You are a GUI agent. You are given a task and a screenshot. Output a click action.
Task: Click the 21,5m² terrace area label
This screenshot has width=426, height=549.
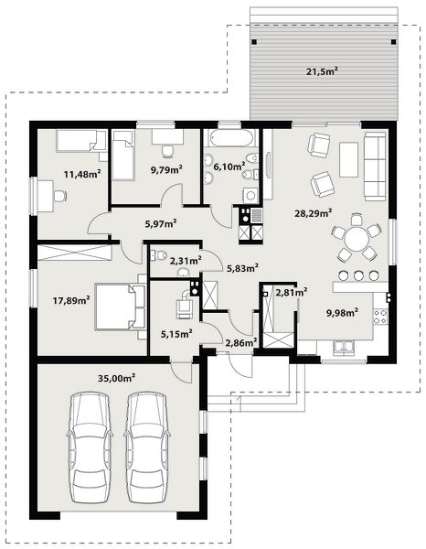coord(322,71)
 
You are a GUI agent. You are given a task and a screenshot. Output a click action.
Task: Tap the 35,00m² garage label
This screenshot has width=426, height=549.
coord(116,378)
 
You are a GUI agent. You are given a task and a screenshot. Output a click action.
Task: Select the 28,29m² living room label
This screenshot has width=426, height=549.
coord(313,213)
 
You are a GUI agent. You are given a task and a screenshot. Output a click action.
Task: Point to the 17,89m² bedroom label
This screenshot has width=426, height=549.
coord(71,300)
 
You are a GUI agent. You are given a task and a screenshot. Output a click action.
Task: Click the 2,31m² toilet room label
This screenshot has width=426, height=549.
coord(186,261)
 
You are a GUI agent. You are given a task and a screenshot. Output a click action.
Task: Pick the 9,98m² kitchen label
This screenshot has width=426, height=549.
coord(342,312)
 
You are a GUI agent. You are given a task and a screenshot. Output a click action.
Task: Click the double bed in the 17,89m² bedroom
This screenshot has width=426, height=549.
coord(120,307)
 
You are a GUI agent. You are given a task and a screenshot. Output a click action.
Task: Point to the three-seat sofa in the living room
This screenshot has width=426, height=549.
coord(376,167)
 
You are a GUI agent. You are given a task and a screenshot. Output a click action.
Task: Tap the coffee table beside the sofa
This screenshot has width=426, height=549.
coord(348,159)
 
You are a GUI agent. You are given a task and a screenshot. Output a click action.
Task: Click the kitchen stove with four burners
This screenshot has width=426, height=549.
coord(380,317)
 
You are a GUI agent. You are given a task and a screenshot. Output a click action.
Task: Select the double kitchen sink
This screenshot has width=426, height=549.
coord(344,348)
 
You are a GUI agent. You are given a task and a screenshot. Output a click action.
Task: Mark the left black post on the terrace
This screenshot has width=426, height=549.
coord(254,42)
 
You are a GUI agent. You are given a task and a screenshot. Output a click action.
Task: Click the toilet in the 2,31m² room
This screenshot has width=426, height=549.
coord(159,255)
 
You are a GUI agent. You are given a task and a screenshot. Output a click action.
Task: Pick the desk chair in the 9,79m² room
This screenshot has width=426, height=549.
coord(168,151)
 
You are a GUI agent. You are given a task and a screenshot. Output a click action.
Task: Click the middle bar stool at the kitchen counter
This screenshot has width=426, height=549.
coord(358,275)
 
